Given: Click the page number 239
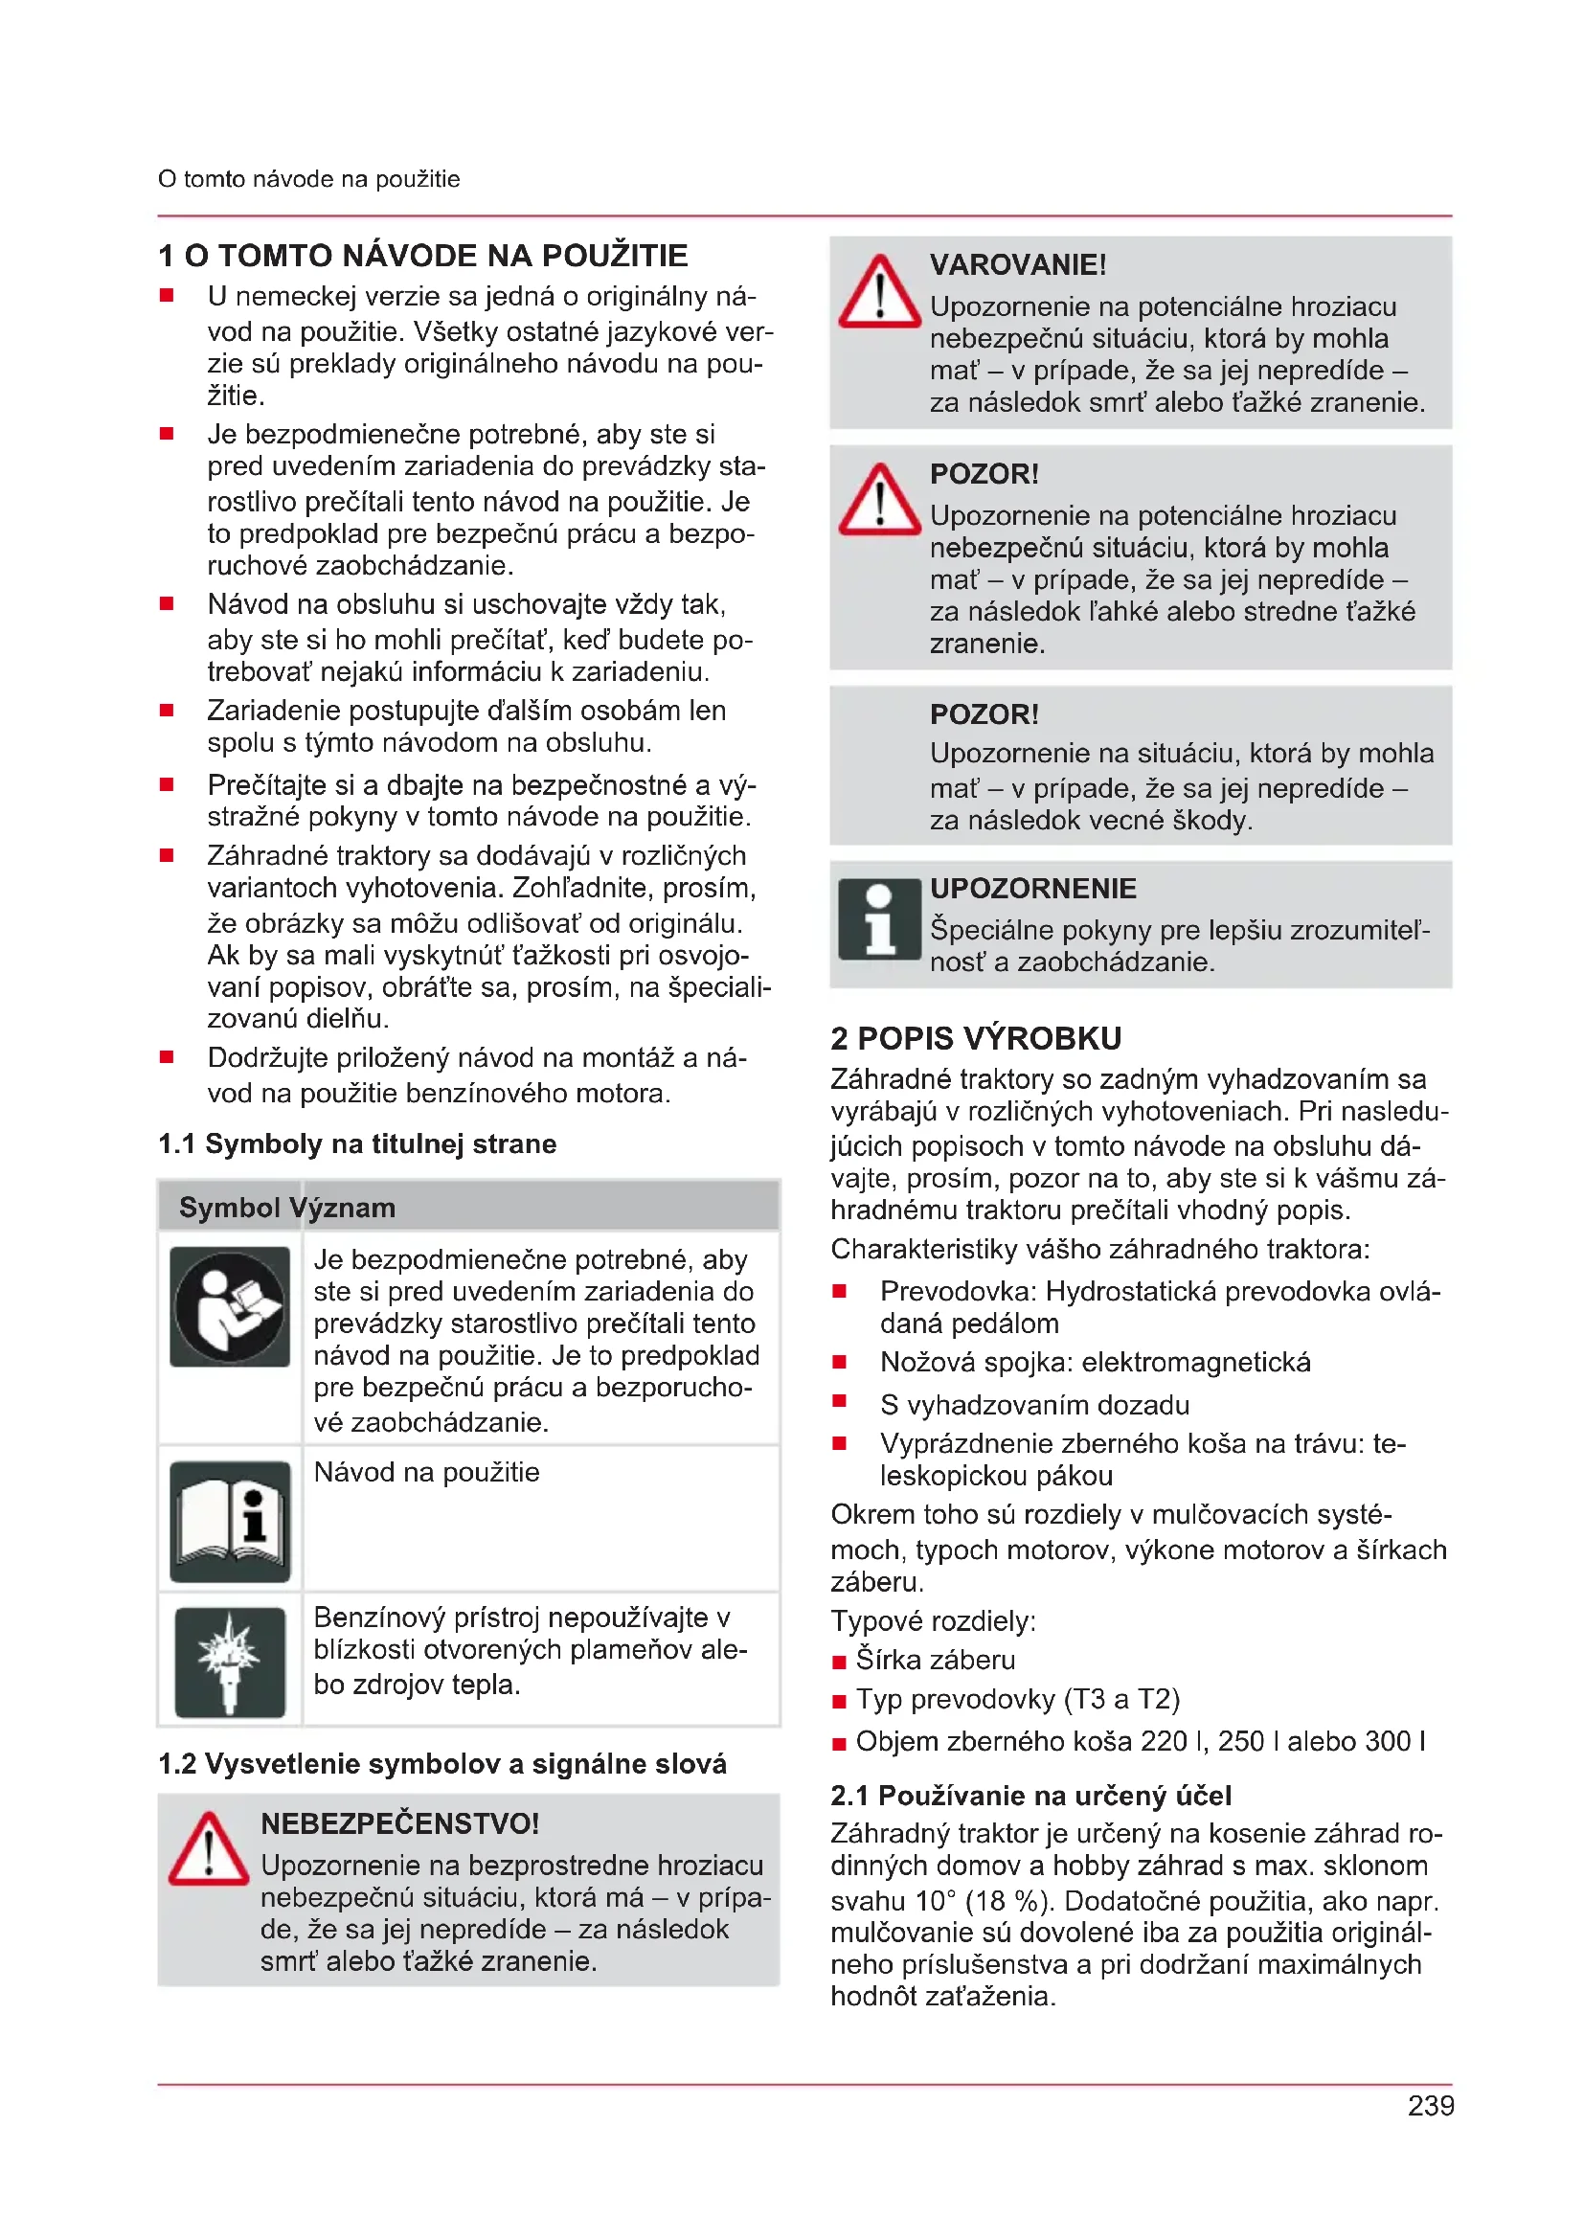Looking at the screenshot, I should coord(1430,2106).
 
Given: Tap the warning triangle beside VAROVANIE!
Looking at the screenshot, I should coord(879,293).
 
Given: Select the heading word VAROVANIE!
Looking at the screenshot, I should coord(1017,264).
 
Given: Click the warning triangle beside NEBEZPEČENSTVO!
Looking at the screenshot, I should coord(208,1850).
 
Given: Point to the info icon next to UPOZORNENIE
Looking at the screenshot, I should coord(879,919).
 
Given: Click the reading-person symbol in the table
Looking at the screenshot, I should coord(230,1306).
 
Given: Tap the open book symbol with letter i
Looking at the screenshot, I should coord(230,1521).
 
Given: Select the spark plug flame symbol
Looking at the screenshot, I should coord(230,1662).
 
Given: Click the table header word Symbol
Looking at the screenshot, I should coord(229,1208).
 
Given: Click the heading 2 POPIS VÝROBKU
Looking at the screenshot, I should coord(975,1038).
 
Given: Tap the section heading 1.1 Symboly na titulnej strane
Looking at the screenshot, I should coord(357,1143).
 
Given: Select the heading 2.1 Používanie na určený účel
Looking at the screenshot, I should coord(1030,1795).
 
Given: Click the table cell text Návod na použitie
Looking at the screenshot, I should coord(426,1472).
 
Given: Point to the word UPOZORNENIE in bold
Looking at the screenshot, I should coord(1033,888).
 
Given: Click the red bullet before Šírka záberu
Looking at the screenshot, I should coord(839,1663).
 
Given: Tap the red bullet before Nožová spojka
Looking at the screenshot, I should coord(839,1362).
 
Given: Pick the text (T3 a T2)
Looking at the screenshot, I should coord(1121,1700).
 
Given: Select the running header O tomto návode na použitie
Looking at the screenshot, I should coord(308,179).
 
